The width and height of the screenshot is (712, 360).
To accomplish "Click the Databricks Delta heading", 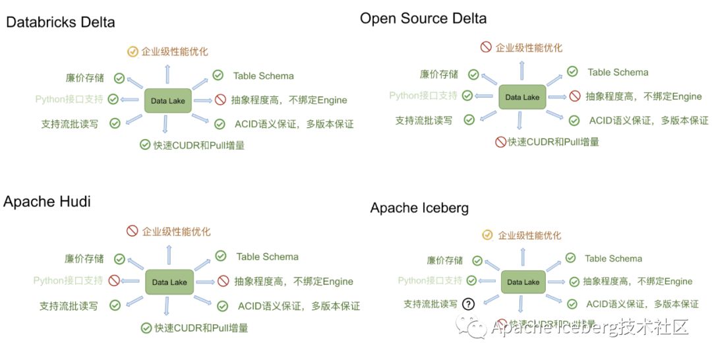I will pos(61,22).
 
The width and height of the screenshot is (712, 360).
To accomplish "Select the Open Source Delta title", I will pos(423,18).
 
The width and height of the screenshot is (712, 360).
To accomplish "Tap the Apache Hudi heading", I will pos(47,202).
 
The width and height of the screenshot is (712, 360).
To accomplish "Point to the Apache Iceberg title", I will pos(419,208).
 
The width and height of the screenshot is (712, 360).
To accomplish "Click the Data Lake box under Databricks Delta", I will pos(168,101).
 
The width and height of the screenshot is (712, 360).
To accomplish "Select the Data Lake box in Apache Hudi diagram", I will pos(169,282).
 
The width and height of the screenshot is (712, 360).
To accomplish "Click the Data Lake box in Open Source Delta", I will pos(522,97).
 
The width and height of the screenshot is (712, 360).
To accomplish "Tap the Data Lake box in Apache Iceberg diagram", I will pos(523,282).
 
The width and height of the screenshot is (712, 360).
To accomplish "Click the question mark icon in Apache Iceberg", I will pos(468,304).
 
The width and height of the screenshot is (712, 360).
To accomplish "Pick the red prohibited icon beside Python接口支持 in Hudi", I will pos(114,281).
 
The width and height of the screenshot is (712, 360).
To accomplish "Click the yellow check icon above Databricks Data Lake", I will pos(133,51).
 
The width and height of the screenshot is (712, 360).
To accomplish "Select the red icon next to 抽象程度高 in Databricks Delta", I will pos(220,100).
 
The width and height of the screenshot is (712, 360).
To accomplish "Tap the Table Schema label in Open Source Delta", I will pos(618,73).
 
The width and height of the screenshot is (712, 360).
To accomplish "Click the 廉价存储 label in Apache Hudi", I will pos(84,258).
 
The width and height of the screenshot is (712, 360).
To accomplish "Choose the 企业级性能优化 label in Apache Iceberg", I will pos(529,235).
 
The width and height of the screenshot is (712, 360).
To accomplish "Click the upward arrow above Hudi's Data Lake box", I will pos(169,255).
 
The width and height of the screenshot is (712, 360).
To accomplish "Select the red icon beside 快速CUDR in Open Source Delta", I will pos(501,142).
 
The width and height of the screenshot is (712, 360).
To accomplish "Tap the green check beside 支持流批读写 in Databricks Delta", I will pos(115,123).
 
